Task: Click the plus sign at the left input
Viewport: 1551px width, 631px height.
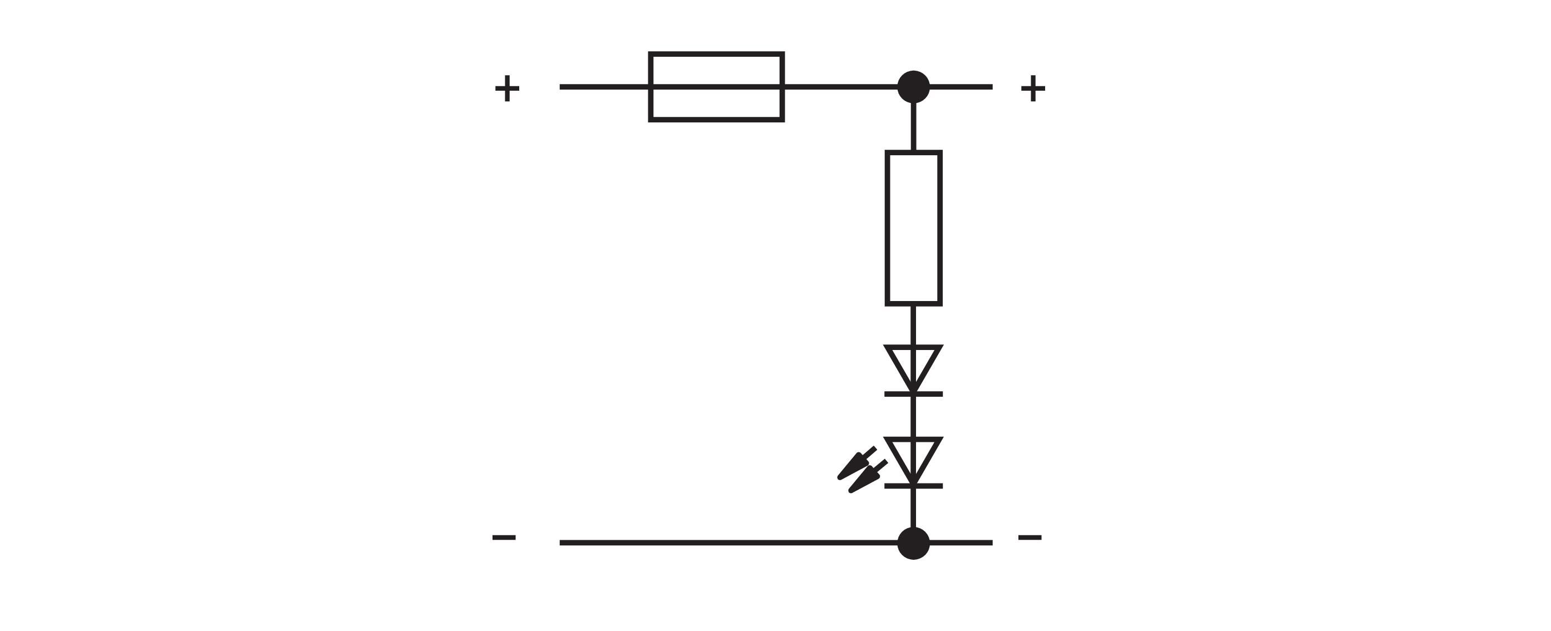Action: (x=507, y=88)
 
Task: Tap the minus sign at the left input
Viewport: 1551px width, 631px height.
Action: (x=504, y=537)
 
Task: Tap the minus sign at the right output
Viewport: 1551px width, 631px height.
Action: (x=1030, y=537)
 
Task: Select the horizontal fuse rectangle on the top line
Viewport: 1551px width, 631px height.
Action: (x=716, y=54)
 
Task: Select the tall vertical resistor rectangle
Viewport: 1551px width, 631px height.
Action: (x=888, y=228)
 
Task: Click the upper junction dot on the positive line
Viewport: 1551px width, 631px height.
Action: (x=913, y=87)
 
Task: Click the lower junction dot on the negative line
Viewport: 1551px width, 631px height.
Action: (x=913, y=543)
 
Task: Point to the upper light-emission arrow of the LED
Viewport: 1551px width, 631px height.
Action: (x=856, y=463)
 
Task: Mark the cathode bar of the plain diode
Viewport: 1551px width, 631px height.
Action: (x=913, y=395)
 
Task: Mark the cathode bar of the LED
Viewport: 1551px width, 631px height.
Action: (x=913, y=486)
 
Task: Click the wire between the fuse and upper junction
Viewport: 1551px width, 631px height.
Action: (x=841, y=87)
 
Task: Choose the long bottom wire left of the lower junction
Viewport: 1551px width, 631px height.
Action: (x=728, y=543)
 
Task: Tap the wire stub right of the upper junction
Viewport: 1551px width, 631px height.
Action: (x=962, y=87)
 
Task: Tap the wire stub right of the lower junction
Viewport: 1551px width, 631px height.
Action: (x=962, y=543)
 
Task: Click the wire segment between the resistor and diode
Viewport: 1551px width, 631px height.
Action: (x=913, y=326)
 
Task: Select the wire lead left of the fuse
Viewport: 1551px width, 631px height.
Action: (x=604, y=87)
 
